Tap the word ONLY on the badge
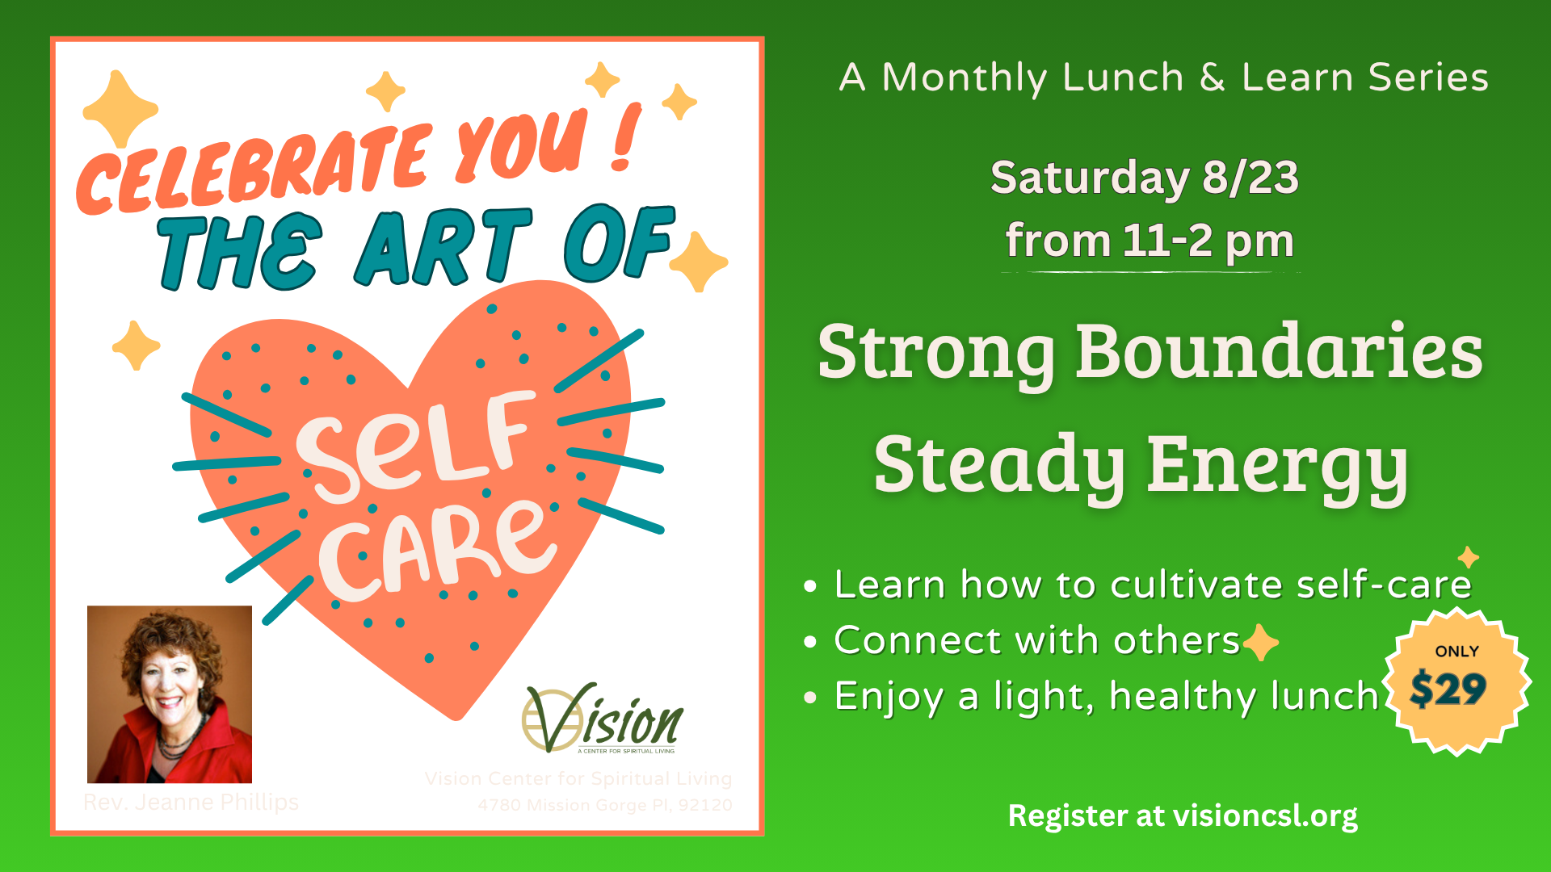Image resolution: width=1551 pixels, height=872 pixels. click(1456, 652)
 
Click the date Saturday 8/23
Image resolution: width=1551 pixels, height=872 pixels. click(1144, 178)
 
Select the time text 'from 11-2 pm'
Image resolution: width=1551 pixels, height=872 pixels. click(1149, 241)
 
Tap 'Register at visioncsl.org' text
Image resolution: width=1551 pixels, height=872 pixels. click(1183, 815)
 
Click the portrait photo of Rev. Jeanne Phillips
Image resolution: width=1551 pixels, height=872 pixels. click(170, 694)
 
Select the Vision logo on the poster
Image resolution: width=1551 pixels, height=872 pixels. click(602, 719)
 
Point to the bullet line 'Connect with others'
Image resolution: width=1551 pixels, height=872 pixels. click(1036, 640)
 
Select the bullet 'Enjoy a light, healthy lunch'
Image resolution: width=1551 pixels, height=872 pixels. click(1106, 696)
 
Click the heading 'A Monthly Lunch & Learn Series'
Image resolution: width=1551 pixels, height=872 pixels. click(1163, 78)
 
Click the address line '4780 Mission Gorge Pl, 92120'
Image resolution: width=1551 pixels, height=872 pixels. click(605, 805)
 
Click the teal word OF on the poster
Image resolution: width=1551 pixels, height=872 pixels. click(618, 242)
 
